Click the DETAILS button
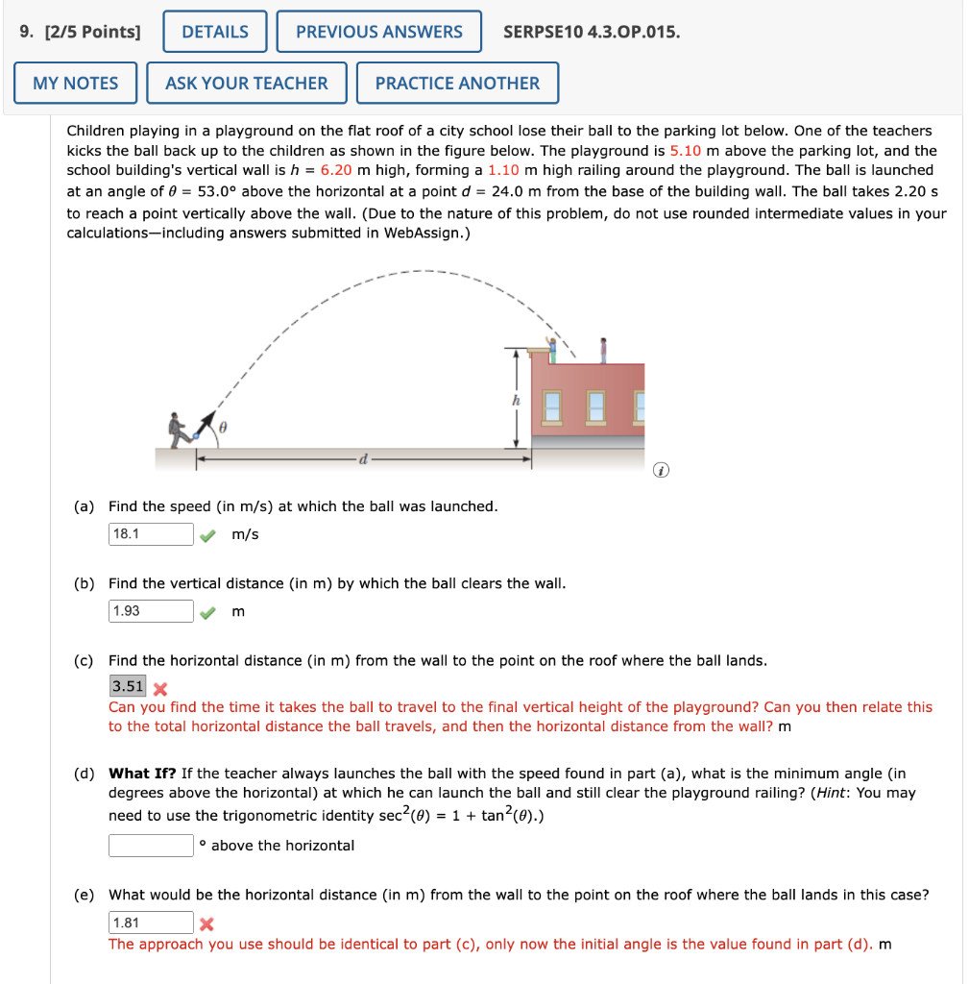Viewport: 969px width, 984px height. click(215, 32)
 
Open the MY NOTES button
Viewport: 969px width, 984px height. click(76, 84)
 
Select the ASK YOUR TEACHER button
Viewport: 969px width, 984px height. click(247, 84)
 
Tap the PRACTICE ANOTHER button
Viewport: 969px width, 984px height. click(457, 84)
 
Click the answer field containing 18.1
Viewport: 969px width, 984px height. click(151, 533)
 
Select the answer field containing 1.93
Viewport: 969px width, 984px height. click(151, 611)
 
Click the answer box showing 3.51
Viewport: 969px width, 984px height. click(128, 686)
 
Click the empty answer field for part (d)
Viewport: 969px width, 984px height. click(151, 846)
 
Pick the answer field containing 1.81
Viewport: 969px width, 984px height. click(151, 923)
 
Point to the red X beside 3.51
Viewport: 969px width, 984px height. click(160, 688)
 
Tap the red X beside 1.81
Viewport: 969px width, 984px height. click(206, 924)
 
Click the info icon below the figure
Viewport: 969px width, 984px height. click(659, 471)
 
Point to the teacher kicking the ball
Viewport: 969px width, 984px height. click(178, 430)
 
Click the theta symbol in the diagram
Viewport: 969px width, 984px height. click(224, 425)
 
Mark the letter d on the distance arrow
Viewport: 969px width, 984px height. click(363, 460)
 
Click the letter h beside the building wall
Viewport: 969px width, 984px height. click(516, 399)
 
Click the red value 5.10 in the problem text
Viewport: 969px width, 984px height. click(686, 151)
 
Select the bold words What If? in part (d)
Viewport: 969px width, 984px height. click(142, 774)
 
